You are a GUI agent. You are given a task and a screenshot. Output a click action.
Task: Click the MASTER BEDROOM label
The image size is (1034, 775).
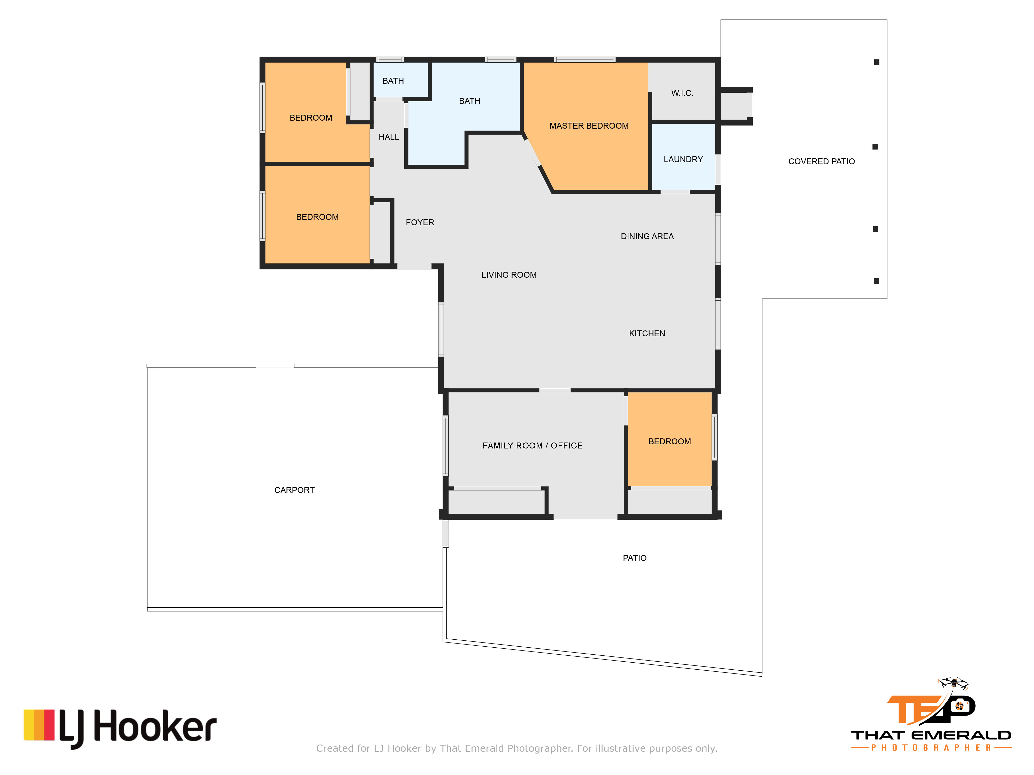click(589, 126)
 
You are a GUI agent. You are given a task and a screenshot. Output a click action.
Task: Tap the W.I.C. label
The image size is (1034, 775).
click(682, 93)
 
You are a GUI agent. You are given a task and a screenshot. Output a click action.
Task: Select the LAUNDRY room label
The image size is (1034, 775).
click(683, 159)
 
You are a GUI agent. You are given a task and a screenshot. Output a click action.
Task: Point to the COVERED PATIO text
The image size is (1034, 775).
click(821, 161)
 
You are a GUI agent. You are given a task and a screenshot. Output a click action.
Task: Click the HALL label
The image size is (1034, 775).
click(389, 137)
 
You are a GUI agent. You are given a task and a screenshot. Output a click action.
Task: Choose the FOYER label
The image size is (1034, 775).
click(420, 222)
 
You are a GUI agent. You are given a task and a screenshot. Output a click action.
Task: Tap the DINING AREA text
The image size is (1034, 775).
click(647, 236)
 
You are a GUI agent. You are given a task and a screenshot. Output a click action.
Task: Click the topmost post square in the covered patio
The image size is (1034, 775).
click(877, 62)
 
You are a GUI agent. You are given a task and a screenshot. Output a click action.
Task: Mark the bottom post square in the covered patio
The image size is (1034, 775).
click(876, 281)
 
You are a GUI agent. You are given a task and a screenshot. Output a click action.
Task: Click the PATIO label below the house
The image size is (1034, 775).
click(634, 558)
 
